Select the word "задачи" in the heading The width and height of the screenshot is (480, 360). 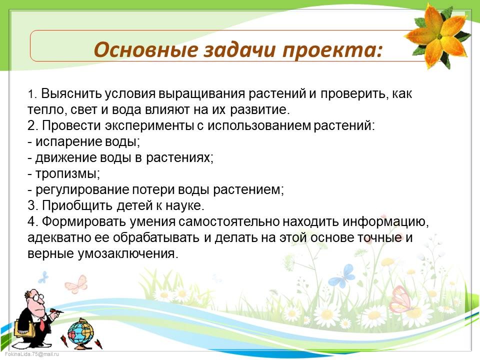[x=239, y=50]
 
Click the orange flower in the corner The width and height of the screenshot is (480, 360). [x=438, y=36]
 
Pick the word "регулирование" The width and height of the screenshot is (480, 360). [x=82, y=190]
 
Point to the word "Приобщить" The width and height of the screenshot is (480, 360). [x=77, y=205]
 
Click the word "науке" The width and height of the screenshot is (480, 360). [x=184, y=205]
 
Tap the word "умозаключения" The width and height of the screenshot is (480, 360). [x=127, y=253]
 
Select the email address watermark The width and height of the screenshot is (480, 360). [x=31, y=354]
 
